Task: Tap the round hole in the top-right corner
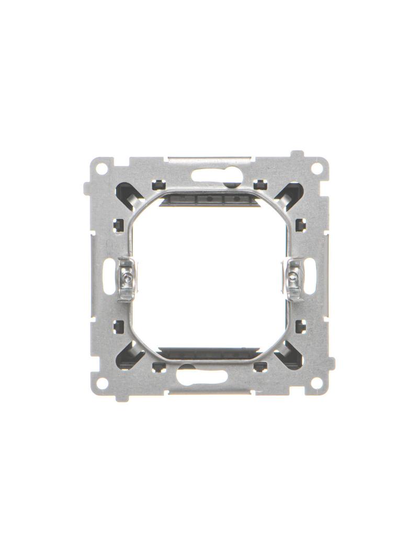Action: pos(316,170)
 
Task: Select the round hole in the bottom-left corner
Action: pos(103,383)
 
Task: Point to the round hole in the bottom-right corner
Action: pos(316,383)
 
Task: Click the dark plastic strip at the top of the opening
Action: pos(209,199)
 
